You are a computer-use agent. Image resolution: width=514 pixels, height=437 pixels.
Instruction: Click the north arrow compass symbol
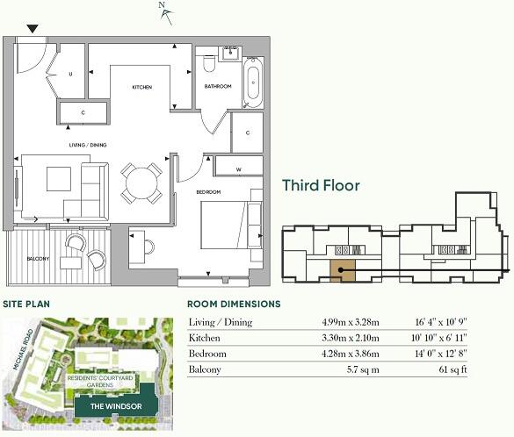[x=164, y=11]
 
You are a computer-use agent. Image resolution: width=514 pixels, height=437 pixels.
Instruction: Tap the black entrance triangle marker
[x=33, y=29]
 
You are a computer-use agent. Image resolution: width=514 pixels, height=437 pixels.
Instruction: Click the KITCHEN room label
[x=142, y=88]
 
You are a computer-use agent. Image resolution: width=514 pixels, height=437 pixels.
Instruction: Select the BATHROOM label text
[x=218, y=86]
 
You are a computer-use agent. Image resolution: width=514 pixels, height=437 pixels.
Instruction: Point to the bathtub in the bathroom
[x=252, y=80]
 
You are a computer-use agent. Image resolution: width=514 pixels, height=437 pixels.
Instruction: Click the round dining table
[x=141, y=183]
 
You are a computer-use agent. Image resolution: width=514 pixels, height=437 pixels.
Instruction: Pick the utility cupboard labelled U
[x=70, y=75]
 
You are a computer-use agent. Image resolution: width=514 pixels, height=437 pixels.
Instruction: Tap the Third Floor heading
[x=321, y=186]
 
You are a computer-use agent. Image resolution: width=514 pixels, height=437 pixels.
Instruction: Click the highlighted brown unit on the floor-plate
[x=343, y=271]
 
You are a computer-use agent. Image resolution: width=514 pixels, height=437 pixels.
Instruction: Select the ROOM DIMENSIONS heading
[x=235, y=304]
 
